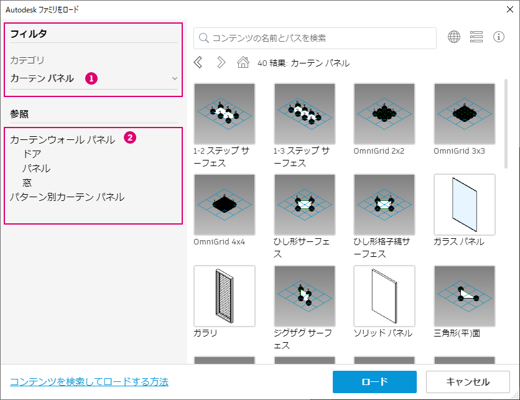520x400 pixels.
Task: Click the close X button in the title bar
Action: tap(509, 9)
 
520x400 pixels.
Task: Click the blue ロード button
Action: tap(374, 382)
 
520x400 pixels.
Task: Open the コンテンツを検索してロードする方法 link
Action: tap(89, 382)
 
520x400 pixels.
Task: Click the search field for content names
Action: tap(315, 38)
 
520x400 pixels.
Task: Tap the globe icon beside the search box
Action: tap(454, 37)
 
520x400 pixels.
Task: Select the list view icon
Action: tap(476, 37)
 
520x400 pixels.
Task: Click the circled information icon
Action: tap(499, 37)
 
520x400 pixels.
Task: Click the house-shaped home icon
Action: tap(243, 62)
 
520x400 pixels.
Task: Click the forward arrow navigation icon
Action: tap(221, 62)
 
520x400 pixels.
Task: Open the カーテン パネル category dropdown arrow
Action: tap(174, 78)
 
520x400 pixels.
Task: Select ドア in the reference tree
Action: tap(32, 154)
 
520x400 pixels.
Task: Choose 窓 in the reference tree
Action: tap(27, 183)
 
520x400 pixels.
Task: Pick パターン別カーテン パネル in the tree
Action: tap(67, 197)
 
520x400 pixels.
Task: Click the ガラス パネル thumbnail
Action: tap(464, 205)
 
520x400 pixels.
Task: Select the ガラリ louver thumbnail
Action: tap(225, 296)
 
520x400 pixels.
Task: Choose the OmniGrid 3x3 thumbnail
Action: tap(464, 114)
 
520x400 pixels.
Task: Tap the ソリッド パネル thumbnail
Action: tap(384, 296)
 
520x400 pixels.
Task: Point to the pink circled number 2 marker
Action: tap(130, 137)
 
